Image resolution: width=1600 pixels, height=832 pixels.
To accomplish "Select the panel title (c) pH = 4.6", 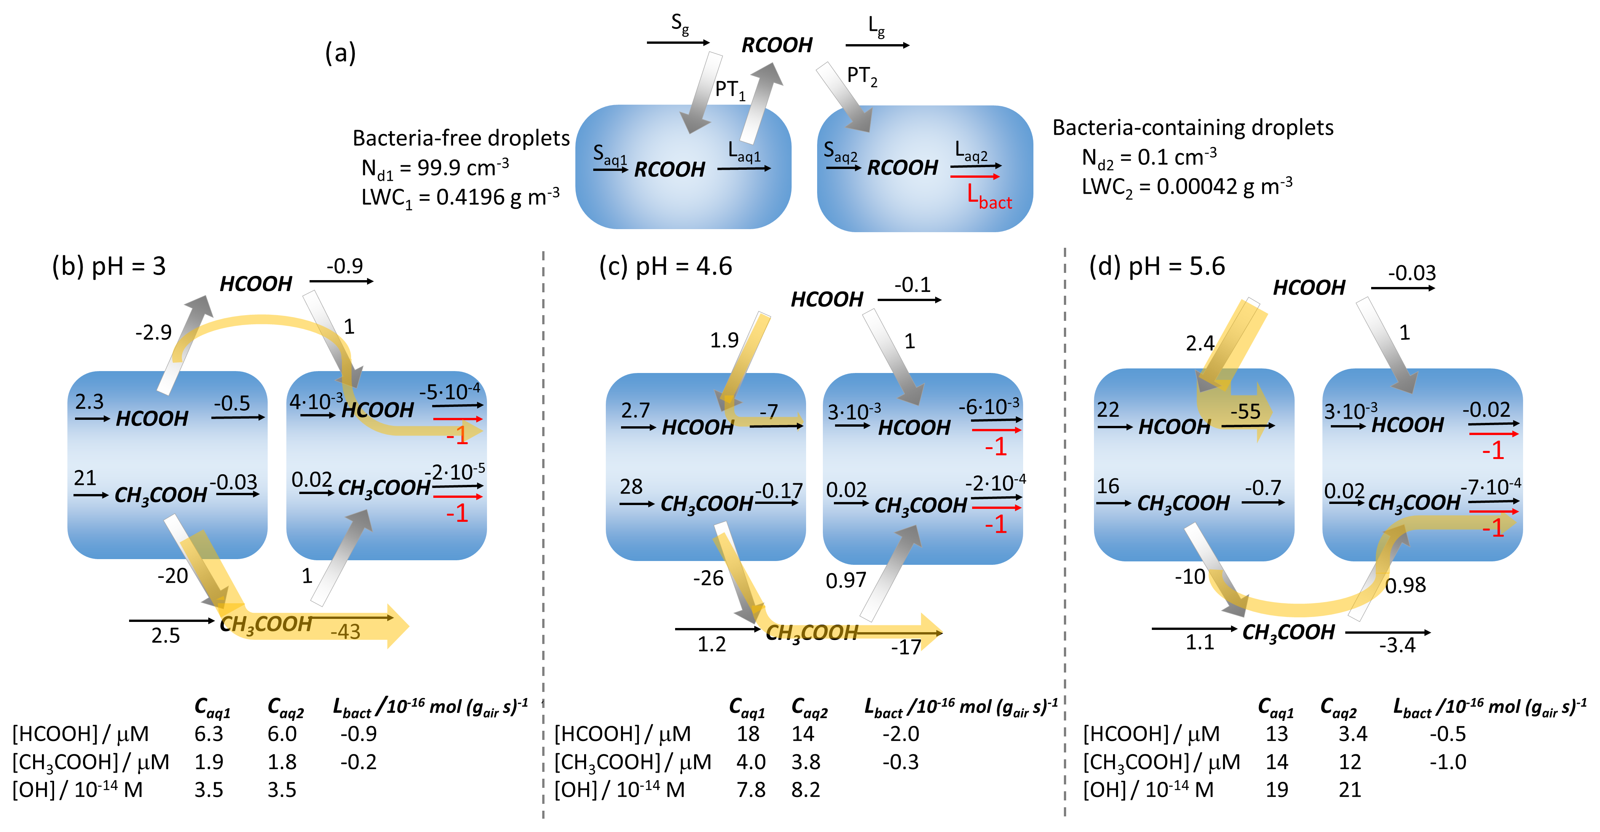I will coord(665,266).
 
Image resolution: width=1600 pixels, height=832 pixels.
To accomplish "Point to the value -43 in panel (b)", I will coord(345,631).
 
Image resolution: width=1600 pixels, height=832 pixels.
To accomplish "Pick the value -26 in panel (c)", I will coord(708,578).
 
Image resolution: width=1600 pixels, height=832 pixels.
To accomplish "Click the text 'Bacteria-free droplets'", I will coord(461,138).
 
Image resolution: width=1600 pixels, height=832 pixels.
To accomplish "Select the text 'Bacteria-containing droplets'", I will coord(1193,127).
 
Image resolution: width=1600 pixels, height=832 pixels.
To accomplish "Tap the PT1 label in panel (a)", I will coord(730,90).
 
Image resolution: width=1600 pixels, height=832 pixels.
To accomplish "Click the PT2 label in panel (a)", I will coord(862,77).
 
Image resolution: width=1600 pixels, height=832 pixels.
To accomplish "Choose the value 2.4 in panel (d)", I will coord(1200,343).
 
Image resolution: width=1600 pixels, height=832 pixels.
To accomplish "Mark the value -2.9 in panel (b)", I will coord(153,333).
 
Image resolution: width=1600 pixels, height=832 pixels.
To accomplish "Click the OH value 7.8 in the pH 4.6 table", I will coord(751,790).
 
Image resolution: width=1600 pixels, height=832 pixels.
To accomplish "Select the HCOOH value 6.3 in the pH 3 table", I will coord(209,734).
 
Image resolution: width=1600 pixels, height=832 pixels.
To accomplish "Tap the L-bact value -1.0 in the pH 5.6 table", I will coord(1448,762).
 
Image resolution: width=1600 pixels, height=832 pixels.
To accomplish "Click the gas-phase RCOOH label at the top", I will coord(777,45).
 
